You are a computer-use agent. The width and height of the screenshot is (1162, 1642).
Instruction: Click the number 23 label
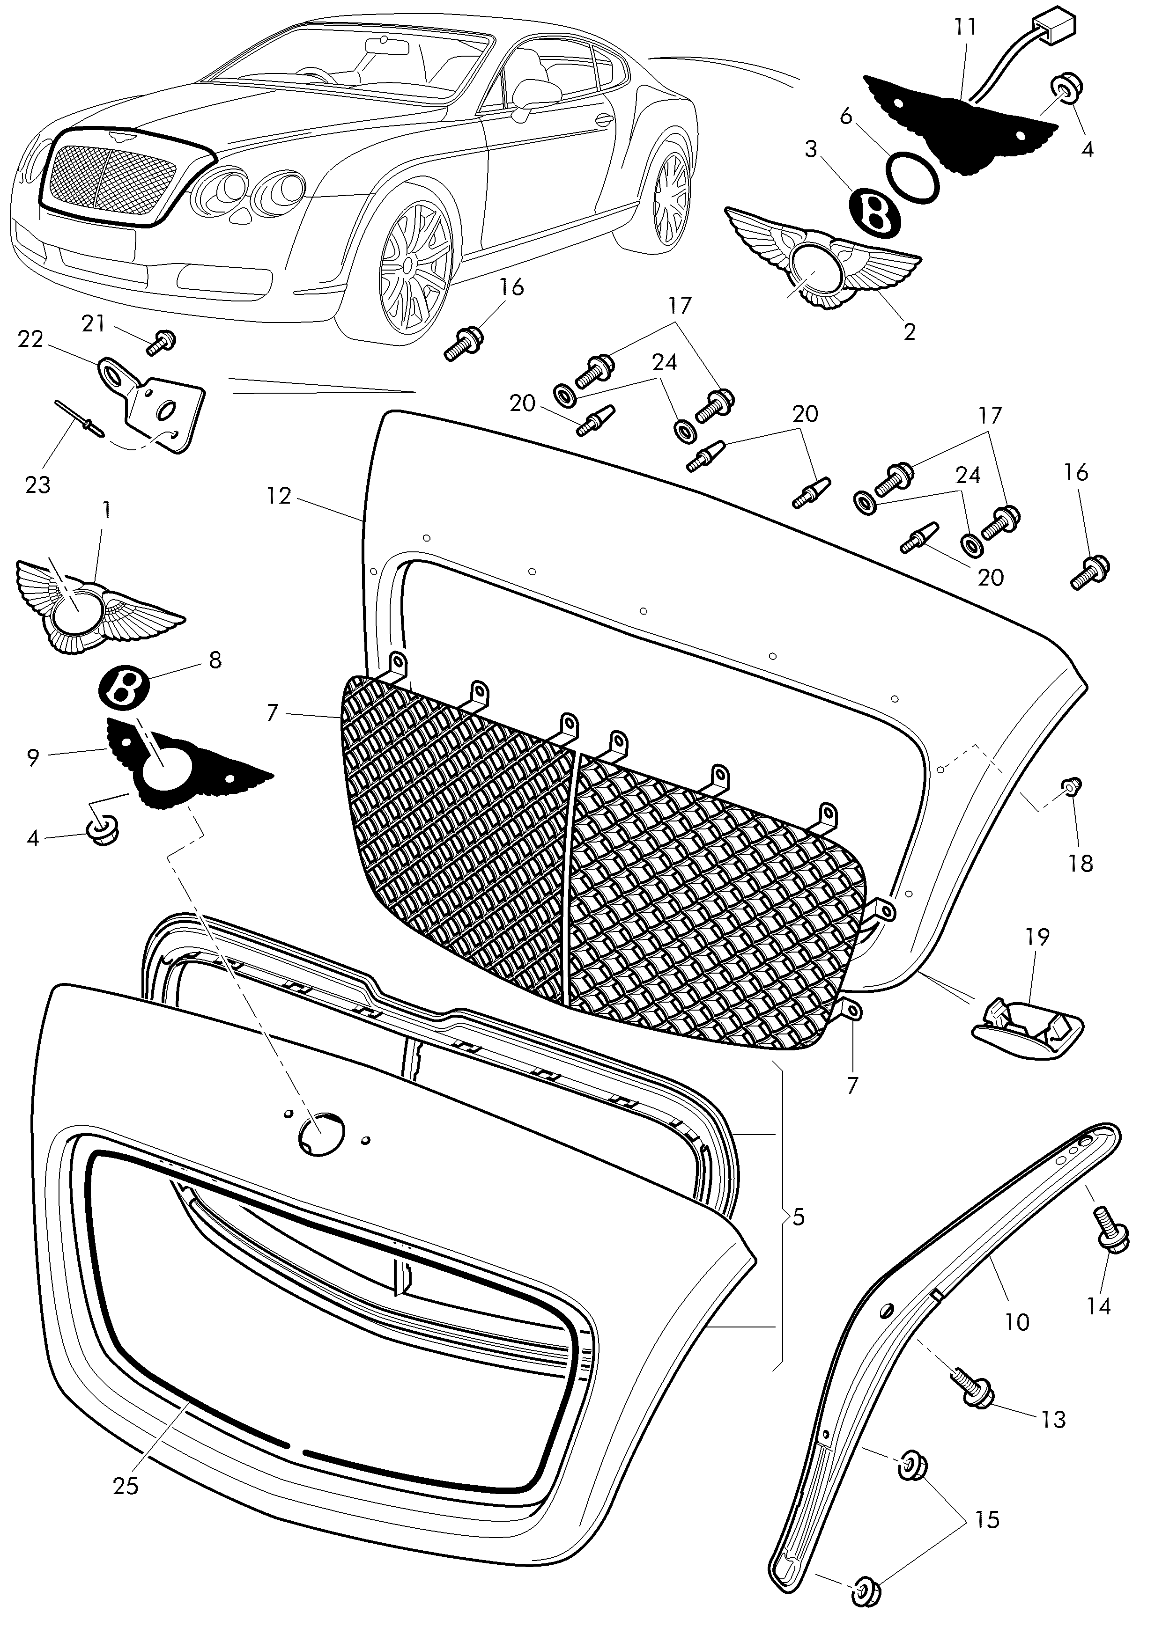[38, 485]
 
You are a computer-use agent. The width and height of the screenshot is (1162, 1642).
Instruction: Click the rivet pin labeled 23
[80, 418]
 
